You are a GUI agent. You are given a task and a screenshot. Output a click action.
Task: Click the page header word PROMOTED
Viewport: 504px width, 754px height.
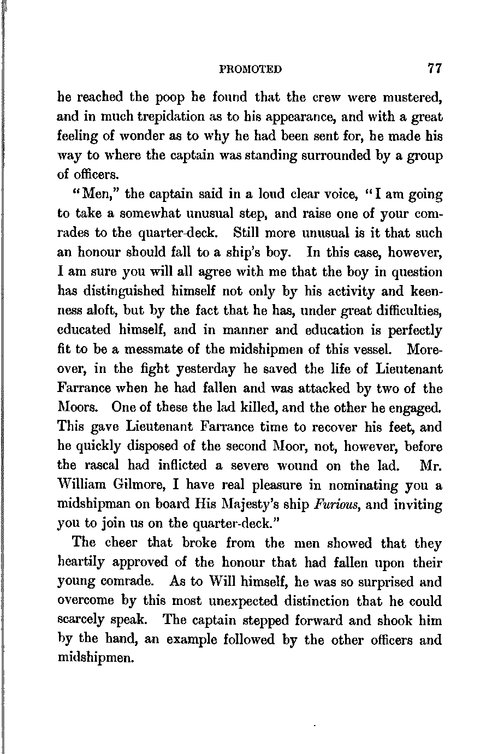[x=250, y=69]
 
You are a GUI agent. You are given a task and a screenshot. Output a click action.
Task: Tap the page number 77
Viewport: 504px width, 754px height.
[x=435, y=68]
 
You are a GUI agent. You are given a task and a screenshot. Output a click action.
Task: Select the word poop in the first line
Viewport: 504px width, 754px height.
[x=170, y=98]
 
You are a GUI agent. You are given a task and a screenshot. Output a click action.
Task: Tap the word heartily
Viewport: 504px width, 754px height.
[x=85, y=562]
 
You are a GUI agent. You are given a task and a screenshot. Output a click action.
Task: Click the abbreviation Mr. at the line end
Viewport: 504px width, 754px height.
[x=431, y=465]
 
